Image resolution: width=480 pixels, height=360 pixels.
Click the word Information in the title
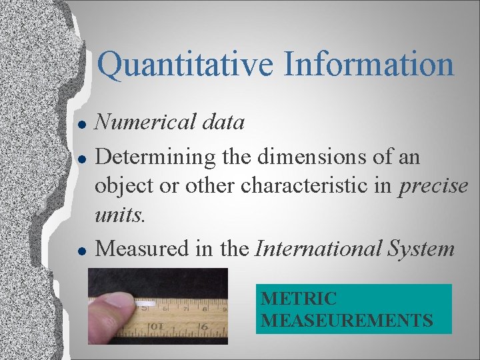pyautogui.click(x=369, y=65)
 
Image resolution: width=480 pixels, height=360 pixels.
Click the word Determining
pyautogui.click(x=155, y=158)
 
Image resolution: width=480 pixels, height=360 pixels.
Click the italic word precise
pyautogui.click(x=434, y=187)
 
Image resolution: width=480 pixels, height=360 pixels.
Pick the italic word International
pyautogui.click(x=317, y=249)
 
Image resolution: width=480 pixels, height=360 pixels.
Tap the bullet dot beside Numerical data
pyautogui.click(x=80, y=125)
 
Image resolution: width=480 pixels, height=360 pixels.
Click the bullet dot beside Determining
pyautogui.click(x=80, y=160)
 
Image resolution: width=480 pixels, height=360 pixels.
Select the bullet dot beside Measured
pyautogui.click(x=80, y=251)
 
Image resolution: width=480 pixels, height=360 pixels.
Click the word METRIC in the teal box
pyautogui.click(x=298, y=299)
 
